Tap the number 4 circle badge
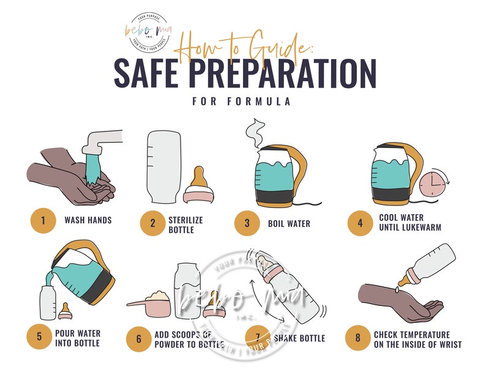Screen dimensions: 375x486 [360, 223]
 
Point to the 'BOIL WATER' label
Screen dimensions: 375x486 [288, 223]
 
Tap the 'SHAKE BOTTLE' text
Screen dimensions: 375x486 [299, 338]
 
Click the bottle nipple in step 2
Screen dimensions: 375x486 [199, 185]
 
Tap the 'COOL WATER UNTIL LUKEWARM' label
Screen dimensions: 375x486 [409, 223]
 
